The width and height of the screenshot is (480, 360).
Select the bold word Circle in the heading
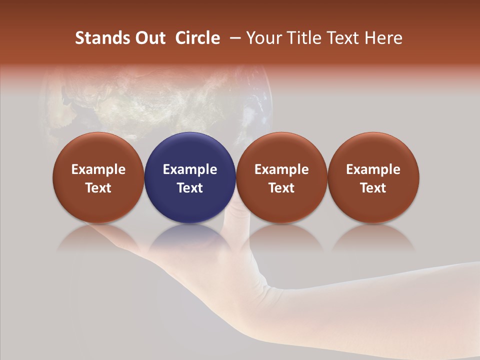pos(197,38)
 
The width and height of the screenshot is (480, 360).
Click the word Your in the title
pos(262,38)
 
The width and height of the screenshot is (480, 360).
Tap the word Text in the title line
pos(340,38)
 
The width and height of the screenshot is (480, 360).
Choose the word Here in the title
pos(383,38)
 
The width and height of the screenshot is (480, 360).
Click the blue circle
pos(190,150)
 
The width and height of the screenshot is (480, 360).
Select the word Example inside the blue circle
pos(190,169)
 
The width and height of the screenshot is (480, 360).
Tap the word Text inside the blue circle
pos(190,188)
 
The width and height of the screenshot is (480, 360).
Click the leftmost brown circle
pos(98,150)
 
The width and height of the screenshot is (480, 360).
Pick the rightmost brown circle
pos(373,150)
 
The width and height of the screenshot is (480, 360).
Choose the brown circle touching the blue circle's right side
pos(281,150)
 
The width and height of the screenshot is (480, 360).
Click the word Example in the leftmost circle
pos(98,169)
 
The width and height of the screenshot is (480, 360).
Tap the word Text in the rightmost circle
pos(373,188)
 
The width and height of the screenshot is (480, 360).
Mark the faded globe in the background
pos(155,100)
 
